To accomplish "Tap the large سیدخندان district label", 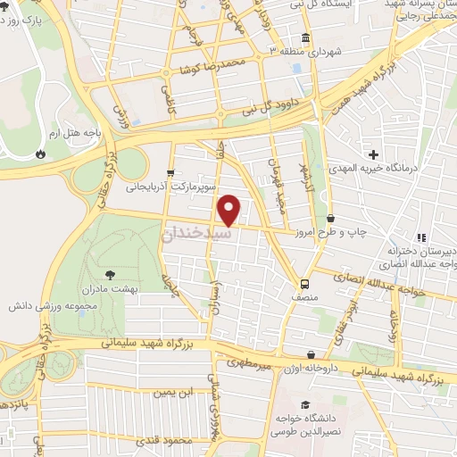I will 198,232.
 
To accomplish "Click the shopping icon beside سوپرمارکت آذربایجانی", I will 170,173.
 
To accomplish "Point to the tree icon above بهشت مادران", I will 111,275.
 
